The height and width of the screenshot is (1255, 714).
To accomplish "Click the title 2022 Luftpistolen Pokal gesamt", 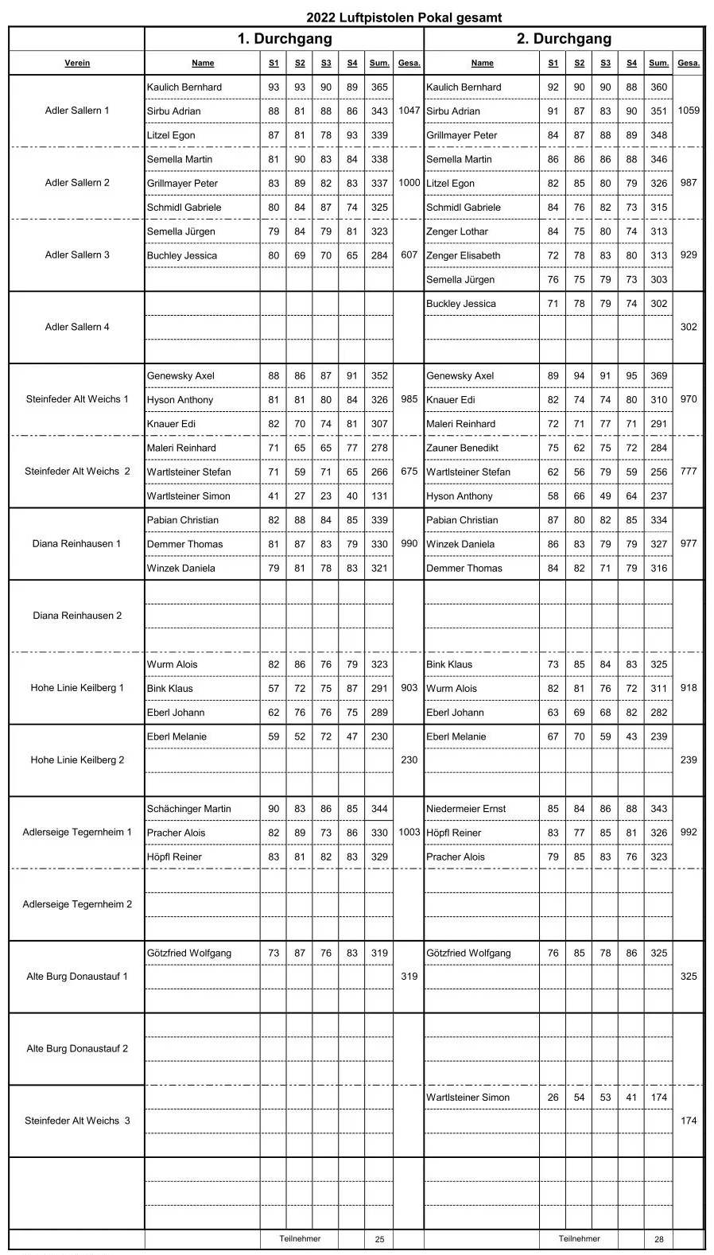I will (404, 17).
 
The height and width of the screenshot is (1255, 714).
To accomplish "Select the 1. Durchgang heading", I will (284, 39).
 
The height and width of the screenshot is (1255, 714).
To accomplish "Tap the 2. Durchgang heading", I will (564, 39).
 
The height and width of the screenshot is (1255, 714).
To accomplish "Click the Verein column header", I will (77, 63).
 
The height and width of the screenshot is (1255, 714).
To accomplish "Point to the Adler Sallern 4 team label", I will (77, 327).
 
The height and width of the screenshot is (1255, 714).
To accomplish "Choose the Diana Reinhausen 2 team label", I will (77, 616).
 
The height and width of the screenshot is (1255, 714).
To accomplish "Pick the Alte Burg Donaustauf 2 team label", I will (77, 1048).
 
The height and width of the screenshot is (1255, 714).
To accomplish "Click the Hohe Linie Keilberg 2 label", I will (77, 760).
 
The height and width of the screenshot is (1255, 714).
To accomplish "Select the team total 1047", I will (409, 111).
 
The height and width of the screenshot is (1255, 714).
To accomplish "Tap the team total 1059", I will (689, 111).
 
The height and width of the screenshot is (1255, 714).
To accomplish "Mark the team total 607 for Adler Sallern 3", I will (409, 255).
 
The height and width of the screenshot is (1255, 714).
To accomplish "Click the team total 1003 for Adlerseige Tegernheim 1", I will (409, 832).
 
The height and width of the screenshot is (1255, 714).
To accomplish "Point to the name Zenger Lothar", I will (457, 231).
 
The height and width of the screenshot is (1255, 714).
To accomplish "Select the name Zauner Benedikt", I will (462, 448).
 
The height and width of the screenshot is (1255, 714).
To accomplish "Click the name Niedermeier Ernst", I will (466, 809).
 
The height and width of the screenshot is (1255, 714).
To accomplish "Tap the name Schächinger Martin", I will (188, 809).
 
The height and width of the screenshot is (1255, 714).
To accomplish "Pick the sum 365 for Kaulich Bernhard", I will (379, 87).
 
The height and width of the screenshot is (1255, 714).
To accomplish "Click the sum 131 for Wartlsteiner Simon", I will (379, 496).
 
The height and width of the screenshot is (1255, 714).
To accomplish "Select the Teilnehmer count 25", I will (379, 1239).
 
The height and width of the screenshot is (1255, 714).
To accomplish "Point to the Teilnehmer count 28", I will (658, 1239).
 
